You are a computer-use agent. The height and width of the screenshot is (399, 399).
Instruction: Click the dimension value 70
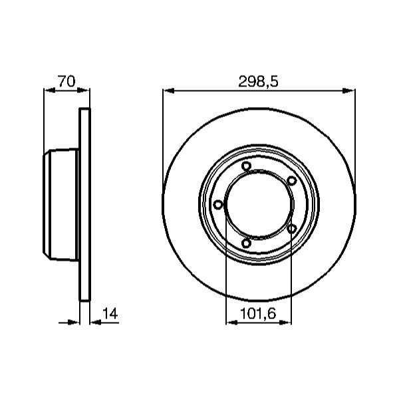tap(66, 81)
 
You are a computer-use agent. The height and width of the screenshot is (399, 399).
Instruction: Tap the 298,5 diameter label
tap(258, 82)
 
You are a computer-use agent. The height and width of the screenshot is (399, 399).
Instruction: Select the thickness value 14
tap(110, 313)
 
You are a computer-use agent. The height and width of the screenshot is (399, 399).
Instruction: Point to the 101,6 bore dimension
tap(258, 313)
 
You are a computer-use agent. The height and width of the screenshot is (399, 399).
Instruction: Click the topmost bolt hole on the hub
tap(246, 166)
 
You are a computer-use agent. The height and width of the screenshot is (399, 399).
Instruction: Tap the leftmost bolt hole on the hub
tap(218, 204)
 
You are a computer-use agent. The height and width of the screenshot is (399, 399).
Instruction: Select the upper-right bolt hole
tap(292, 180)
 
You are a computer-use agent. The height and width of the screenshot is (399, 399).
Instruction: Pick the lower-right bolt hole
tap(292, 228)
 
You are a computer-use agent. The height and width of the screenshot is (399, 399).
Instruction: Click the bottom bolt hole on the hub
tap(246, 243)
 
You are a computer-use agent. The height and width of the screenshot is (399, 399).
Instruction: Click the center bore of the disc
tap(259, 205)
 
